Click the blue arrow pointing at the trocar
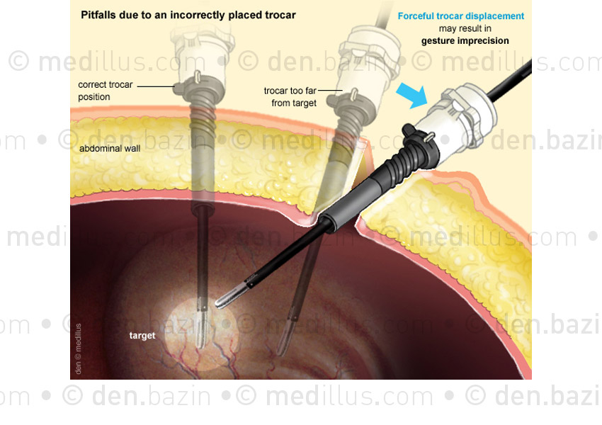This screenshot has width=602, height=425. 412,94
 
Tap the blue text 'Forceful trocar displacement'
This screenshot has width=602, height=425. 461,16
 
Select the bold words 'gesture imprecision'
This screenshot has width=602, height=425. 465,40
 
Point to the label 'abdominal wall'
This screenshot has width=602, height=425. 110,149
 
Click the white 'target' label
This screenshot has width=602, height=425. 142,336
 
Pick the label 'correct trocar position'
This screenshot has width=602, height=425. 106,91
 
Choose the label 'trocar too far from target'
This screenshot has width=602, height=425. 290,97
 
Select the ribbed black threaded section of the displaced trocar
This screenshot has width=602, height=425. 407,161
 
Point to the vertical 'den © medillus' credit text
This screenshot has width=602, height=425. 79,348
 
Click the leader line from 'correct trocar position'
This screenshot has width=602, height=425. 156,86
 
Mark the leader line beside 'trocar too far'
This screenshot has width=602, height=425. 330,91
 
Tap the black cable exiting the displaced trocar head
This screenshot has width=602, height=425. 510,81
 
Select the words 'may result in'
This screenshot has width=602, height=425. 465,28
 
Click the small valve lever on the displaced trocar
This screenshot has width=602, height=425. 431,136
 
